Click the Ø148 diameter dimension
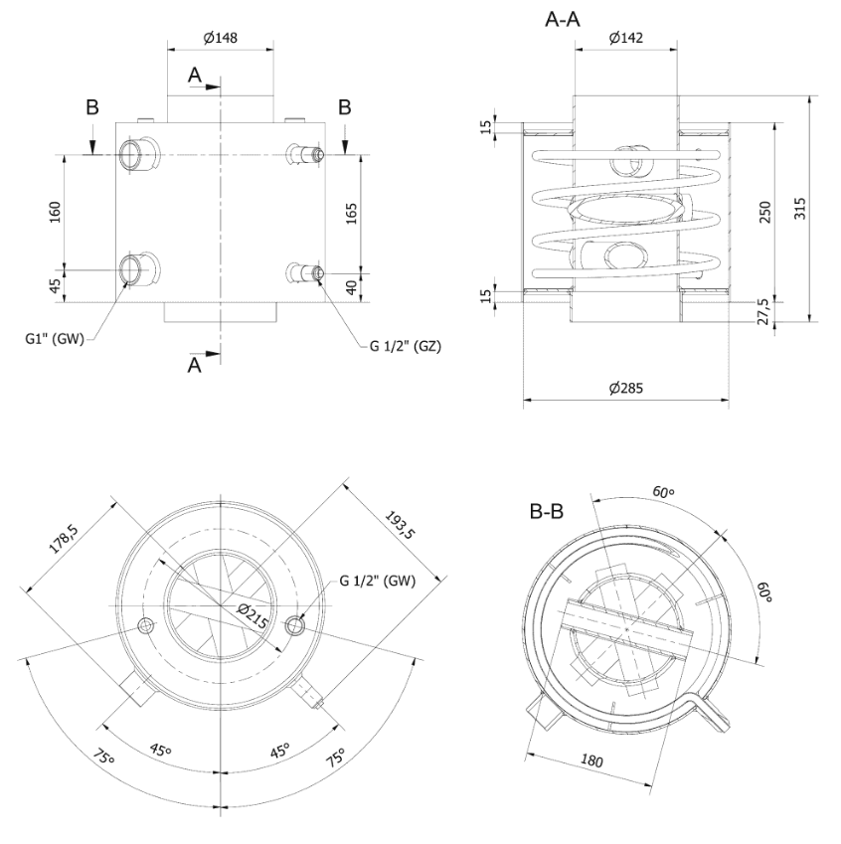(221, 37)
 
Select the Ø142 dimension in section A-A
(625, 37)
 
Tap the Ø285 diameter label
(625, 388)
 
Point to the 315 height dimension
(800, 209)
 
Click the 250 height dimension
(765, 212)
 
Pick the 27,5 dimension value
(762, 312)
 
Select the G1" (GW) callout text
(55, 339)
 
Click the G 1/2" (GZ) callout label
(405, 346)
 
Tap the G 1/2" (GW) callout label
(378, 581)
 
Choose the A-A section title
(563, 20)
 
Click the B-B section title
(547, 511)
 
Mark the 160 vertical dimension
(55, 212)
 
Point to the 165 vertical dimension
(351, 214)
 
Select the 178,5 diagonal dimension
(64, 538)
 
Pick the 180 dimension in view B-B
(591, 760)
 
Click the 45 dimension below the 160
(55, 286)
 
